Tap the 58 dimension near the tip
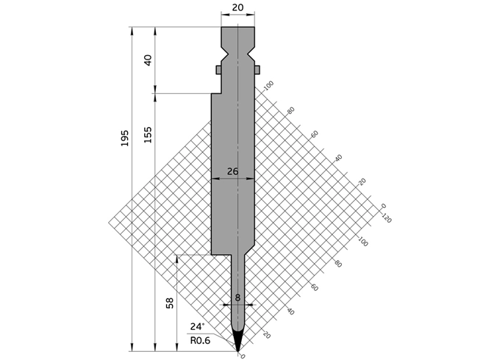171,303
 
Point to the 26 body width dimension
232,171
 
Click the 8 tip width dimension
238,298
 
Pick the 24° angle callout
198,327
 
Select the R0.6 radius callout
200,340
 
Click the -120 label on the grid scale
386,217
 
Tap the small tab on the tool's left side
218,70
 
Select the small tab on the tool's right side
258,70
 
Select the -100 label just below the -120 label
362,240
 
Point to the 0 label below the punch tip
243,356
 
